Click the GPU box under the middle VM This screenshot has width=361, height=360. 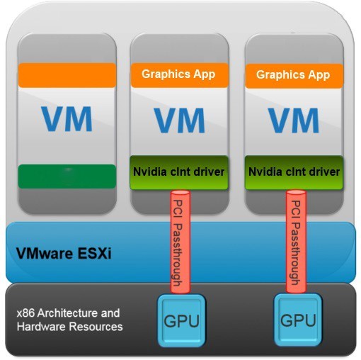[x=181, y=320]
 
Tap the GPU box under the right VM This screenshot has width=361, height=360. [x=298, y=320]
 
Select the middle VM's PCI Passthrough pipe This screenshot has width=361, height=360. [x=180, y=242]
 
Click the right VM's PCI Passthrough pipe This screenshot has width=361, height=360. [x=296, y=242]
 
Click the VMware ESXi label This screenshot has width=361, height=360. [x=64, y=254]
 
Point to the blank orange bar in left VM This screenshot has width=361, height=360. [x=67, y=75]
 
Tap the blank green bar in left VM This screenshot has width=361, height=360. [x=67, y=176]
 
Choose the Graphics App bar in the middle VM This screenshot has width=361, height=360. [x=180, y=75]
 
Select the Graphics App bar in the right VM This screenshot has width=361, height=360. [x=294, y=76]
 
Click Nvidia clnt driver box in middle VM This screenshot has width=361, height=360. [x=179, y=172]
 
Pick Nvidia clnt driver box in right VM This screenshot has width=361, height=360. [x=294, y=172]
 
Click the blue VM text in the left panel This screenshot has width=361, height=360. [x=67, y=119]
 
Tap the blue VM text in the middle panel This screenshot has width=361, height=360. [x=180, y=120]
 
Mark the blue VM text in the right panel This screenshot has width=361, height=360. [x=294, y=120]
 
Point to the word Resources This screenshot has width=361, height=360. [x=96, y=327]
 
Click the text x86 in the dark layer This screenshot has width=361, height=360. [x=26, y=313]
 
